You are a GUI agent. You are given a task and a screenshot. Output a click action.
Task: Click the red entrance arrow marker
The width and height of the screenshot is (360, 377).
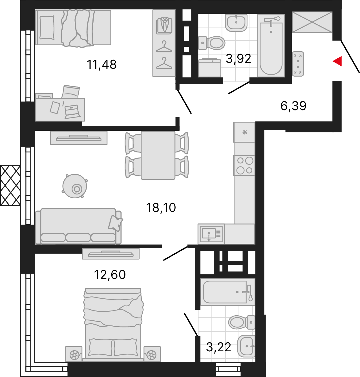coord(338,61)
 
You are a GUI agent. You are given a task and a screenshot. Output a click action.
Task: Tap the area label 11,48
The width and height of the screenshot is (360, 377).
coord(101,65)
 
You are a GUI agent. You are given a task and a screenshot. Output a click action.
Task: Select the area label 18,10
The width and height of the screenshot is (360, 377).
coord(161,208)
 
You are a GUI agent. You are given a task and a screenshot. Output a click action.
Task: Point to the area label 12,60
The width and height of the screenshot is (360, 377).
coord(110,275)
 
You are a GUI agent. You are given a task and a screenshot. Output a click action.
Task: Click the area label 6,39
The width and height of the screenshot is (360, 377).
coord(293,106)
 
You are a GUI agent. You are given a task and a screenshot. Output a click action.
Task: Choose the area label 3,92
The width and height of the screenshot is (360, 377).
coord(238,59)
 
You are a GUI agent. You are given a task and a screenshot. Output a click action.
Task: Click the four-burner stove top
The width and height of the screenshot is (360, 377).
coord(244,165)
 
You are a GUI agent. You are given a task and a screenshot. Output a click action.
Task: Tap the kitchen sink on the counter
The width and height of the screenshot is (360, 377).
coord(211,234)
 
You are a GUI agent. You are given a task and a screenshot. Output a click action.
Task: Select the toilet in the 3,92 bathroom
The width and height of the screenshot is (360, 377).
coord(212,43)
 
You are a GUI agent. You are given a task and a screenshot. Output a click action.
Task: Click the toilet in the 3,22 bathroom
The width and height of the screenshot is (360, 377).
coord(242,322)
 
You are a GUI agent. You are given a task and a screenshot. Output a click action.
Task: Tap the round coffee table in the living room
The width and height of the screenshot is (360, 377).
coord(75,186)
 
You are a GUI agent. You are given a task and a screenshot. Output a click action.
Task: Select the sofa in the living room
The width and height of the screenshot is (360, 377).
coord(79,226)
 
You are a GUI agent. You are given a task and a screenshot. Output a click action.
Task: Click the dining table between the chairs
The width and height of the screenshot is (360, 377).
coord(158,155)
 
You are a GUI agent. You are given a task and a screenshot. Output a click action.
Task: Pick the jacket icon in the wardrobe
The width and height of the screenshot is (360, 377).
coord(164,26)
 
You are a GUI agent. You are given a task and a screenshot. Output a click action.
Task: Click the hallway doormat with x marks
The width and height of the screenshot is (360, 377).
coord(298,64)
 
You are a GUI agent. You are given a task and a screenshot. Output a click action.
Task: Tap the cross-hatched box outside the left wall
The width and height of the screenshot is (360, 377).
coord(10,185)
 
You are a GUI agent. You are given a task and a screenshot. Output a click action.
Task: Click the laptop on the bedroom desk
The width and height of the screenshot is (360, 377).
coord(72,112)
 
